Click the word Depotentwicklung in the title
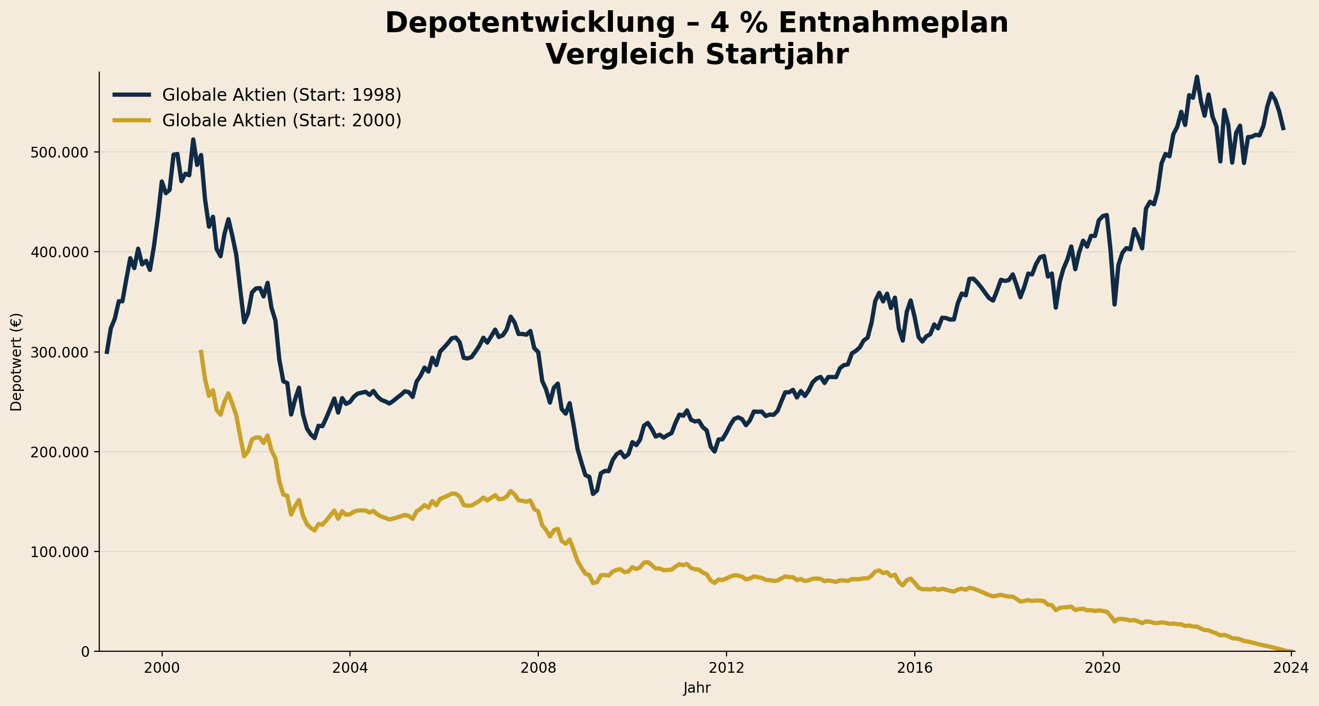(530, 24)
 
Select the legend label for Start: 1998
(281, 95)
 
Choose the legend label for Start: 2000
(281, 121)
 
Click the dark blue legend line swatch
(132, 95)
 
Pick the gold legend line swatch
(132, 120)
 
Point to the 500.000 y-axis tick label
(59, 152)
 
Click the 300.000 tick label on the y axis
(59, 352)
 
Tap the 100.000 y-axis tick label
(59, 552)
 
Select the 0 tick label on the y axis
(85, 652)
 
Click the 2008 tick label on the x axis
(538, 668)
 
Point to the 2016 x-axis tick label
(914, 668)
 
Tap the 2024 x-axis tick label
(1291, 668)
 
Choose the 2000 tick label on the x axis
(162, 668)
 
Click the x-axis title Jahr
(696, 688)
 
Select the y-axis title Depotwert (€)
(16, 362)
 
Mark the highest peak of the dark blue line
(1197, 77)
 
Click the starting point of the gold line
(201, 350)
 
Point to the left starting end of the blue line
(106, 352)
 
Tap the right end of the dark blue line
(1284, 129)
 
